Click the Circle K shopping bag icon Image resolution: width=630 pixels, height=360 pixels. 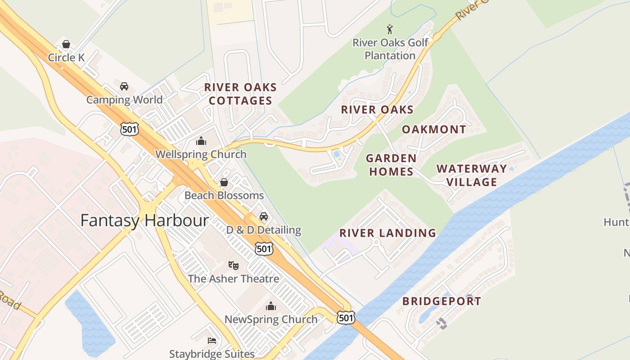pos(66,44)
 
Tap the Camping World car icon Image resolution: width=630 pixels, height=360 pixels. pos(124,86)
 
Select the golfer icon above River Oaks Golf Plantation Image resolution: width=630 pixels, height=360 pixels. pos(390,30)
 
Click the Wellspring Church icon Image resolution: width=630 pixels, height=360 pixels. pos(201,141)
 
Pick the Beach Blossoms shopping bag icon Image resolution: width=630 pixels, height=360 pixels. pos(224,182)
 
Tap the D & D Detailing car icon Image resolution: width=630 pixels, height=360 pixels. pos(264,216)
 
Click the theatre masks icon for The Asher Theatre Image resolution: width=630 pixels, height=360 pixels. pos(233,265)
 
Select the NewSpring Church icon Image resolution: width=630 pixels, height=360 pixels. pos(271,306)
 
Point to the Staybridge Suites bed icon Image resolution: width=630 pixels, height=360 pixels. pos(212,341)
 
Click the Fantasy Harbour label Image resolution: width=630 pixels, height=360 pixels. pos(144,220)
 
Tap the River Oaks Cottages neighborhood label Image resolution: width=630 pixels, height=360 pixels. pos(240,94)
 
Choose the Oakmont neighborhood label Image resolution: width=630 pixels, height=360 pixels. pos(434,130)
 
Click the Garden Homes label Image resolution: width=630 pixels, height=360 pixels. pos(391,165)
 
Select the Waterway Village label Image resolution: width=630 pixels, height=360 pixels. pos(471,175)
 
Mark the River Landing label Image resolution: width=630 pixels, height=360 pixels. pos(387,233)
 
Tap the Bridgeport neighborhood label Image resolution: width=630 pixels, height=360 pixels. pos(441,301)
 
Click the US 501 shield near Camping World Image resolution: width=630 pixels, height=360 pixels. pos(129,130)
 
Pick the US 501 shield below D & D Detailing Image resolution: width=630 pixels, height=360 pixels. pos(264,248)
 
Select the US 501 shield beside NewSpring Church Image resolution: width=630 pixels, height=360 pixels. pos(346,318)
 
